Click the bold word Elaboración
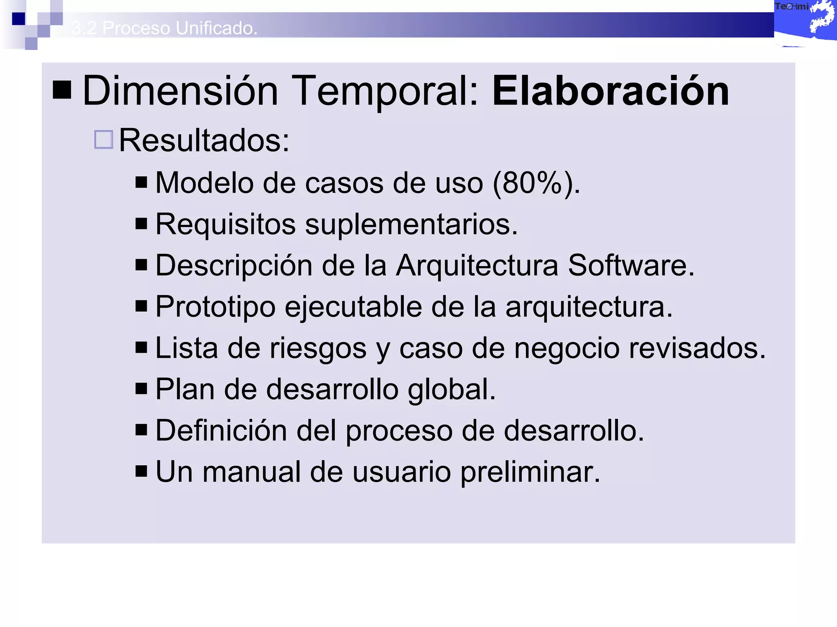(611, 91)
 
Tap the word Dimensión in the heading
(180, 91)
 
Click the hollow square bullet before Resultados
(103, 140)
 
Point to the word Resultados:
(204, 140)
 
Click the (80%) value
(536, 183)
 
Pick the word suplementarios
(411, 225)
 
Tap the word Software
(631, 266)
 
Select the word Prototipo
(215, 307)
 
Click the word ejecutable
(353, 307)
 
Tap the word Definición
(221, 431)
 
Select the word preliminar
(530, 472)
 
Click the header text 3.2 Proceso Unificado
(164, 28)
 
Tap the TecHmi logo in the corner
(804, 20)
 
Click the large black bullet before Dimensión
(62, 90)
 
